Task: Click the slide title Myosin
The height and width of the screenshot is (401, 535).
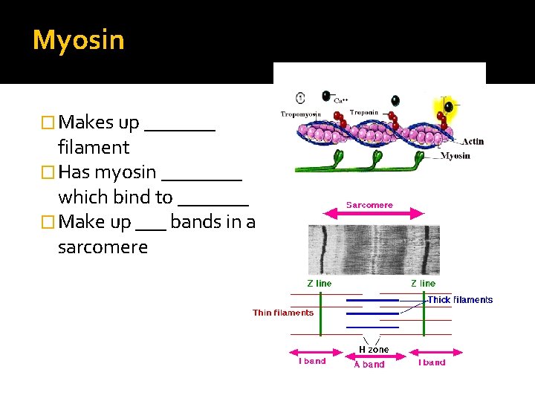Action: click(x=78, y=40)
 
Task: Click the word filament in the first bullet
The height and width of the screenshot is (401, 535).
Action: click(x=94, y=148)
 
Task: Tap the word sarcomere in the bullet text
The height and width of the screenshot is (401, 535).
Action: click(x=103, y=247)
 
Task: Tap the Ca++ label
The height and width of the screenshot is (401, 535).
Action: click(x=341, y=100)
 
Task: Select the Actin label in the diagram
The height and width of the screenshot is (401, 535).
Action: click(x=472, y=141)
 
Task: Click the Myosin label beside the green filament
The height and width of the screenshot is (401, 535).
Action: click(x=455, y=156)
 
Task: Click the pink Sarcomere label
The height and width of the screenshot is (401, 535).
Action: click(x=369, y=205)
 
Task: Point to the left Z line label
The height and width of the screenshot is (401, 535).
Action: click(x=320, y=283)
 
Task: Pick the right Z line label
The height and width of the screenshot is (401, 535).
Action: click(x=423, y=283)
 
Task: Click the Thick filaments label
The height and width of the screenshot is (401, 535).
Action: click(x=460, y=300)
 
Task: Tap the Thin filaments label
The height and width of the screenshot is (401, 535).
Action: click(x=282, y=313)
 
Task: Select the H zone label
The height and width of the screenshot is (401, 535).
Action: click(x=373, y=349)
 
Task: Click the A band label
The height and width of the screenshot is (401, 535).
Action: click(x=369, y=365)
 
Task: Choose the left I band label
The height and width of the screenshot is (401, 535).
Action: click(x=312, y=362)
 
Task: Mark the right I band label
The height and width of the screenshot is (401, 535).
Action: click(x=432, y=362)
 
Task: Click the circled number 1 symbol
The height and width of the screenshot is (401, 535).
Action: click(x=300, y=98)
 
